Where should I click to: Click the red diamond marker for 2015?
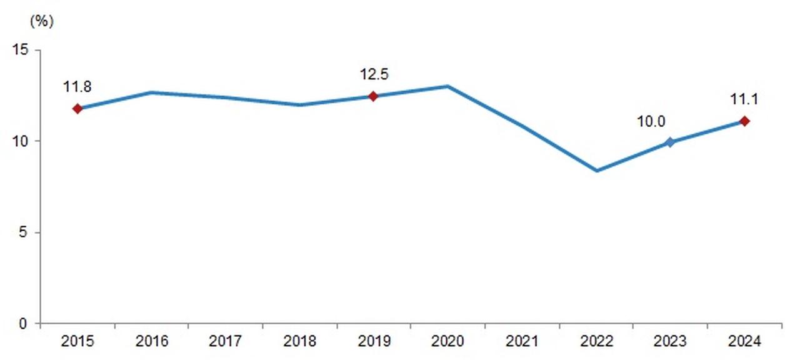click(77, 109)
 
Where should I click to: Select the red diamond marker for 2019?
click(373, 96)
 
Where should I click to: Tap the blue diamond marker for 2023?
click(670, 142)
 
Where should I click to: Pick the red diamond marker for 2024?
click(744, 121)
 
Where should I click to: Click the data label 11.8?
click(77, 87)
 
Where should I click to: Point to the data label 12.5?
click(374, 74)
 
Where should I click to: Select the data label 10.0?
click(651, 122)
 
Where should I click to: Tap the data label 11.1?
click(744, 99)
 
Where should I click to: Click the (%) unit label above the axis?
click(42, 21)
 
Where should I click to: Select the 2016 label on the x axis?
click(152, 341)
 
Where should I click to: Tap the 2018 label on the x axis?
click(300, 341)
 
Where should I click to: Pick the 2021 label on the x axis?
click(522, 341)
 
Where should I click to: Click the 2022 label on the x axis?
click(596, 341)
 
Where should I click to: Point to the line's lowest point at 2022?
click(597, 171)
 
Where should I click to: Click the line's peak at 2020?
click(448, 86)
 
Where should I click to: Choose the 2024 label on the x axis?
click(744, 341)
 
